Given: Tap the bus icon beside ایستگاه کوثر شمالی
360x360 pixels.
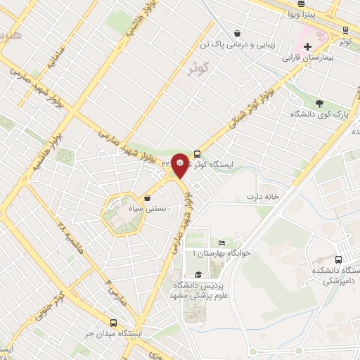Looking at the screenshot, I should tap(197, 153).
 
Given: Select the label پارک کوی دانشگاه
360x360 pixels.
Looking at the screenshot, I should tap(318, 114).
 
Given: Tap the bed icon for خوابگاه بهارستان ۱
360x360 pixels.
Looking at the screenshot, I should tap(222, 242).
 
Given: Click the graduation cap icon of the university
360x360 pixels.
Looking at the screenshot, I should tap(198, 274).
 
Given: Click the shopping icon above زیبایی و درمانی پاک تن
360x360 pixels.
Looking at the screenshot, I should tap(238, 32).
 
